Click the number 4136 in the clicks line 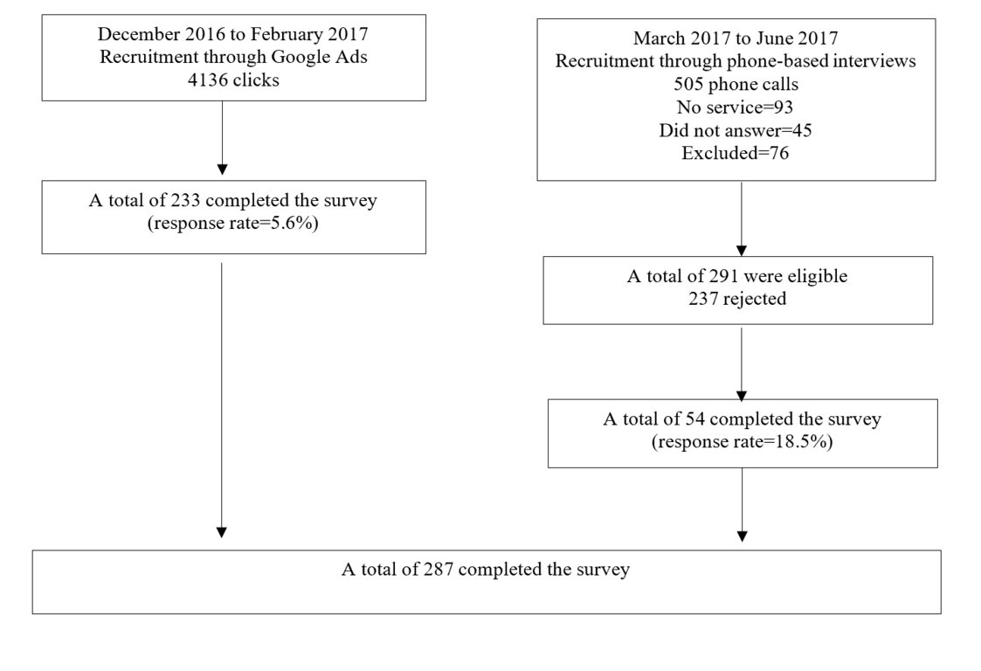pyautogui.click(x=208, y=80)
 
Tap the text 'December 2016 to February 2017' pyautogui.click(x=232, y=34)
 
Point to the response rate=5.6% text pyautogui.click(x=232, y=224)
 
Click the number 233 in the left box pyautogui.click(x=185, y=200)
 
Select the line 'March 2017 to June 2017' pyautogui.click(x=736, y=38)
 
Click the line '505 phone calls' pyautogui.click(x=736, y=85)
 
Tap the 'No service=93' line pyautogui.click(x=736, y=107)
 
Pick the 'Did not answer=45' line pyautogui.click(x=736, y=130)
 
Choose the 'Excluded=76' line pyautogui.click(x=736, y=154)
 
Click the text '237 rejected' pyautogui.click(x=737, y=299)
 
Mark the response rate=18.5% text pyautogui.click(x=742, y=442)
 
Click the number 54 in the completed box pyautogui.click(x=695, y=419)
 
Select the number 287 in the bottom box pyautogui.click(x=439, y=570)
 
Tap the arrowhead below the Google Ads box pyautogui.click(x=222, y=169)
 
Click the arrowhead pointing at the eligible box pyautogui.click(x=742, y=251)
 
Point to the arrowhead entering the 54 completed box pyautogui.click(x=742, y=396)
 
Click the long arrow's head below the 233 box pyautogui.click(x=222, y=533)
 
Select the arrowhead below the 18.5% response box pyautogui.click(x=742, y=536)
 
